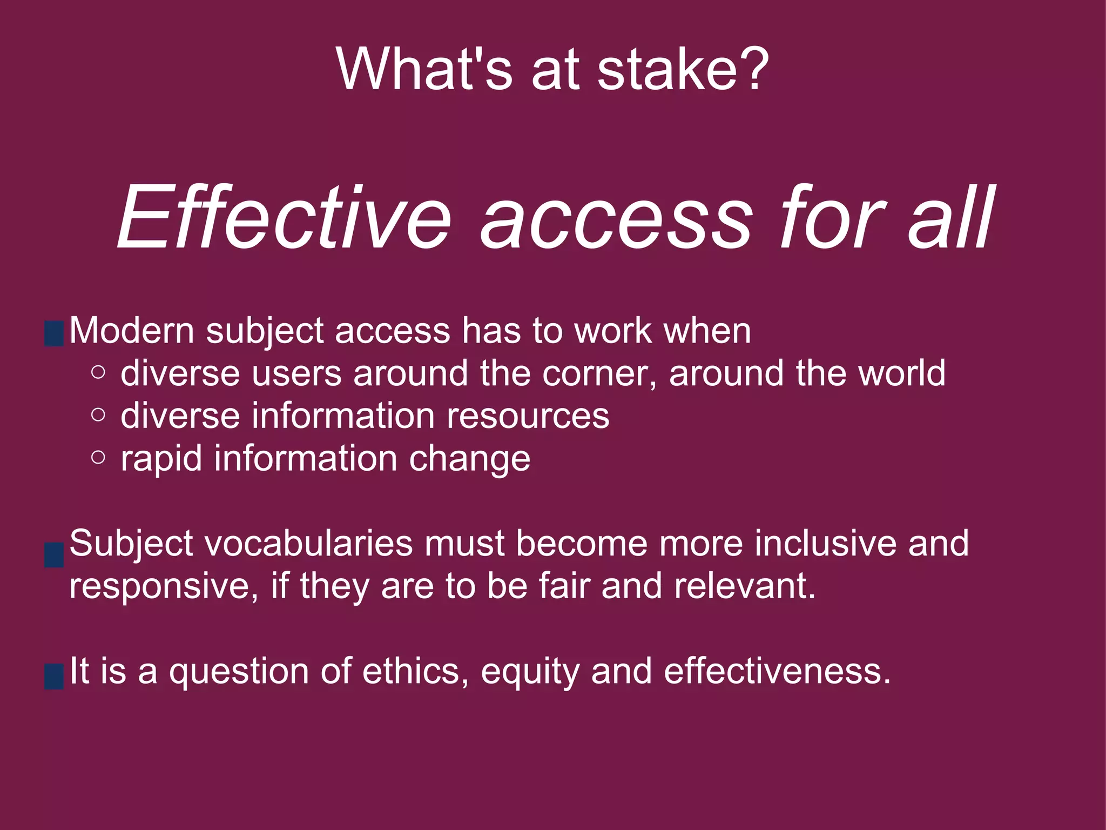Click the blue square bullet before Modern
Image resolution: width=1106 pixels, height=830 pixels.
54,333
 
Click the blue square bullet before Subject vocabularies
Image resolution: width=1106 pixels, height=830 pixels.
54,555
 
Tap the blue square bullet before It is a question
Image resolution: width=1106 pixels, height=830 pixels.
54,677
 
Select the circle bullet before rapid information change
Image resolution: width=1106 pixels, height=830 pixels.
98,458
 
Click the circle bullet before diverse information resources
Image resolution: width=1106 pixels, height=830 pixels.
98,415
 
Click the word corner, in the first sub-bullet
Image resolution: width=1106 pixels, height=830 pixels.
599,373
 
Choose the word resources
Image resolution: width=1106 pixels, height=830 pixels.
528,416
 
